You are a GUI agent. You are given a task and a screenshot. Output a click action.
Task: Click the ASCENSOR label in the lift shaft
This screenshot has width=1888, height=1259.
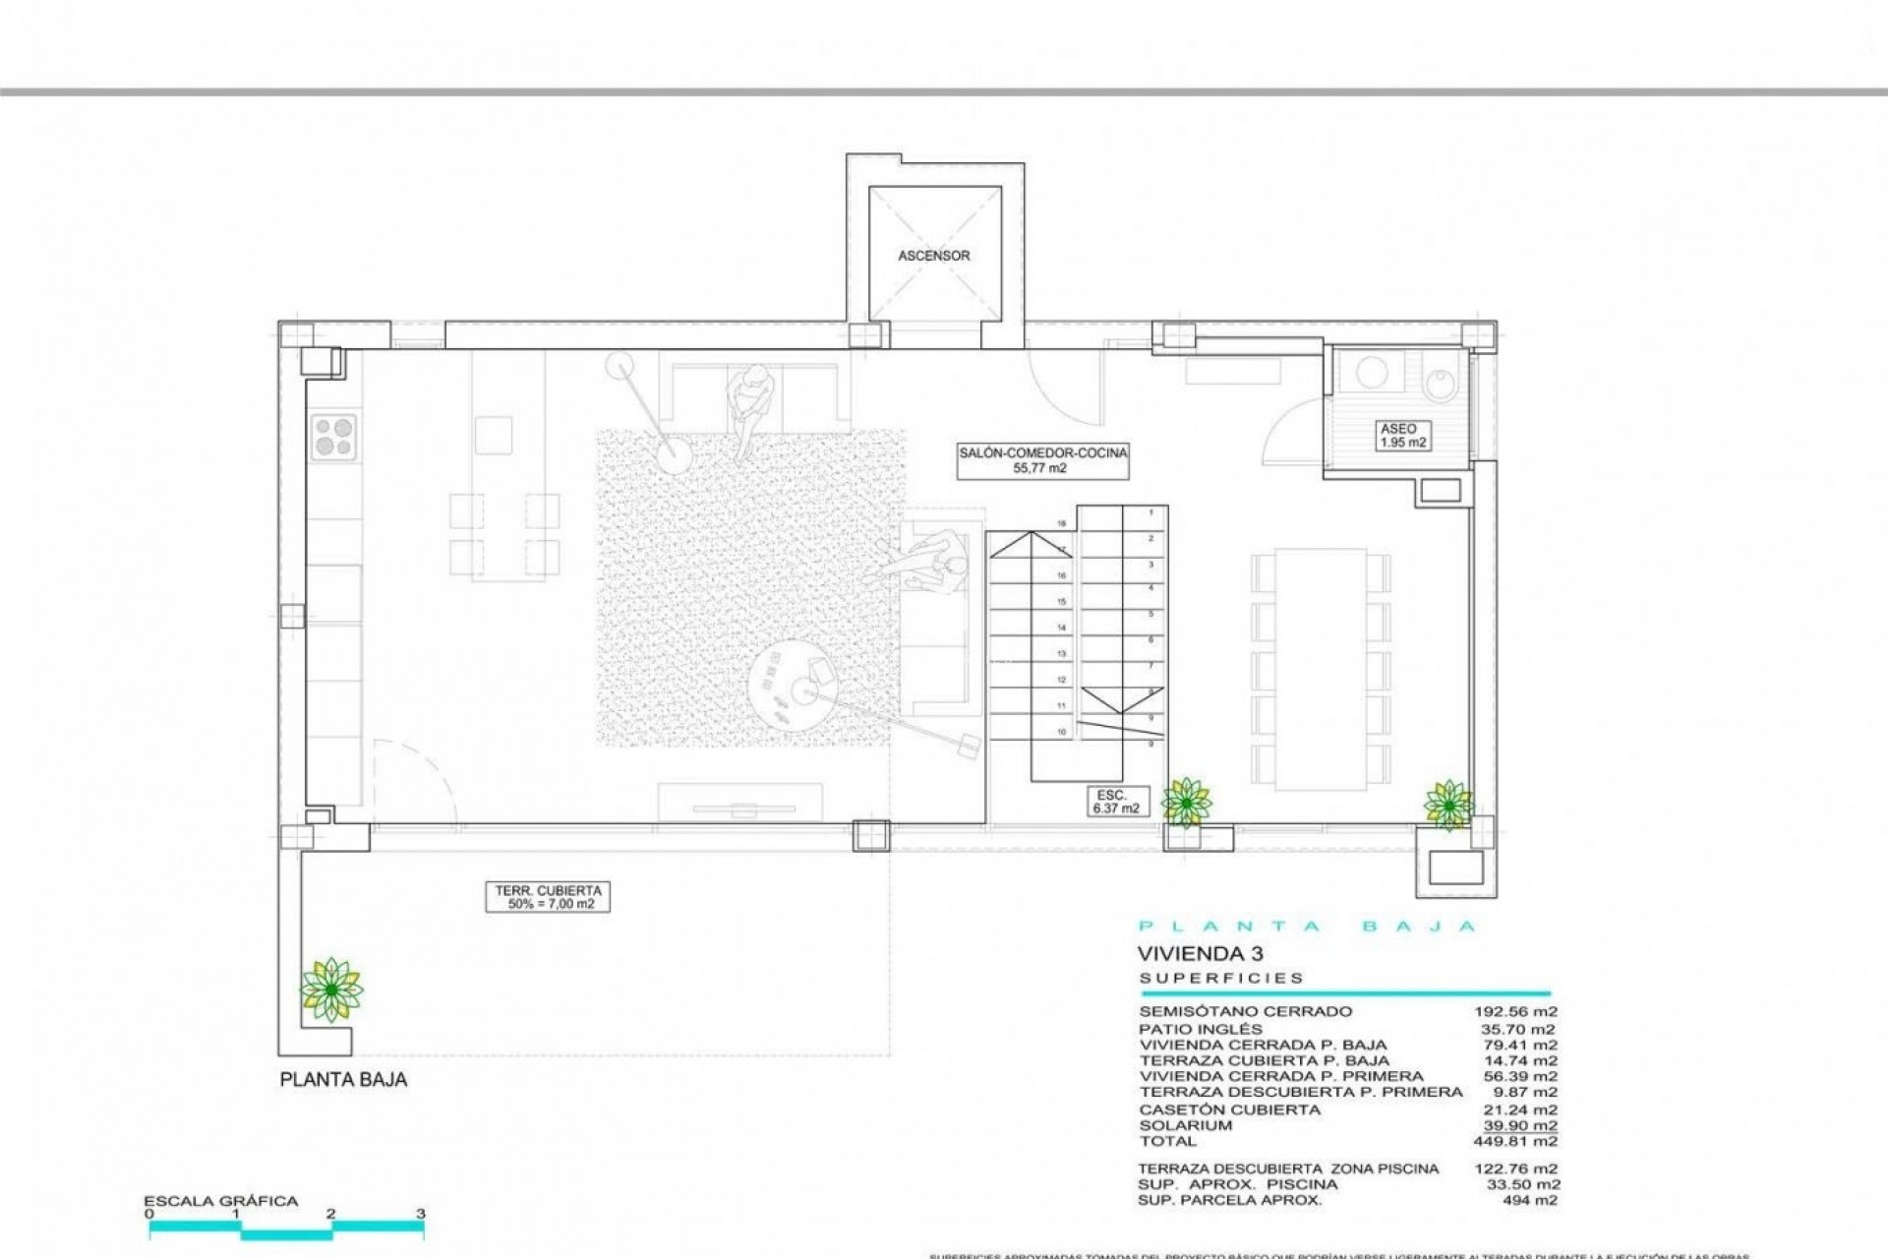[x=933, y=256]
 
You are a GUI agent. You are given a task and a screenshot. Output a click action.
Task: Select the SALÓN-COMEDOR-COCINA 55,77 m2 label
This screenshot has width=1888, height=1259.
[x=1042, y=460]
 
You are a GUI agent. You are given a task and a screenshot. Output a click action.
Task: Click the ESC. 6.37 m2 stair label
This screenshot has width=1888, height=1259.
[x=1115, y=801]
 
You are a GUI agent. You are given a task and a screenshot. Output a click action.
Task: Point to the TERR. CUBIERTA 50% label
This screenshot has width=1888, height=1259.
[x=547, y=897]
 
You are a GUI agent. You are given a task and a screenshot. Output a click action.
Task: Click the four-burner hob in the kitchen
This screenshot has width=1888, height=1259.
[x=334, y=437]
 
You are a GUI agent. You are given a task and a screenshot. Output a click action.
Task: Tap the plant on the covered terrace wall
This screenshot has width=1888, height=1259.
[x=331, y=989]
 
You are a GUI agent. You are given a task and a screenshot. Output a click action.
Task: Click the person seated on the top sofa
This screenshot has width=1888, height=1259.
[x=750, y=403]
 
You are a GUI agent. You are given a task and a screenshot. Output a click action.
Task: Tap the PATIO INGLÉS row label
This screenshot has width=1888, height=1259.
[x=1200, y=1029]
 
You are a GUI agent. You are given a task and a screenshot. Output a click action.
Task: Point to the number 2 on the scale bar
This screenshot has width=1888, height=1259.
[x=331, y=1214]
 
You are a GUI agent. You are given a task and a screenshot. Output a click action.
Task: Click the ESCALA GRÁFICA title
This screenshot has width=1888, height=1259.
[x=220, y=1201]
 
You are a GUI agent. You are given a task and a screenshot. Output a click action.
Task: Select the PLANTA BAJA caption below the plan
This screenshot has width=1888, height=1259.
[x=343, y=1079]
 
